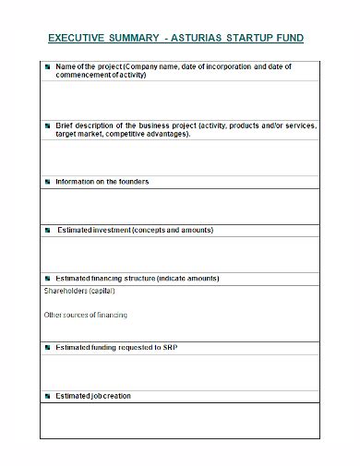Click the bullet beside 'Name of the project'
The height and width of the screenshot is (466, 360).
click(x=47, y=68)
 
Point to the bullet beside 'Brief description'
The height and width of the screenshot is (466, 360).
click(x=47, y=125)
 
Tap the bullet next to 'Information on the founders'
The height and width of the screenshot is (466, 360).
click(x=47, y=182)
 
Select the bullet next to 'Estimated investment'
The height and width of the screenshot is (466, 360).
click(x=47, y=230)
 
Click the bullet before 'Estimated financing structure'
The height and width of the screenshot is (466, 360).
click(x=47, y=278)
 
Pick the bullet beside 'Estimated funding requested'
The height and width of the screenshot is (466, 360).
click(x=47, y=348)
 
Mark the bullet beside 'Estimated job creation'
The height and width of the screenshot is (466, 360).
click(x=47, y=396)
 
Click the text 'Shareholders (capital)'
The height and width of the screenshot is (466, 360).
click(x=79, y=291)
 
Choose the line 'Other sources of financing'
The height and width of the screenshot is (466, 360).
click(x=86, y=316)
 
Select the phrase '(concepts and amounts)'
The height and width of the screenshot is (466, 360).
click(x=173, y=230)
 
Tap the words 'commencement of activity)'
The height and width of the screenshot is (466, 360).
click(x=102, y=76)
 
